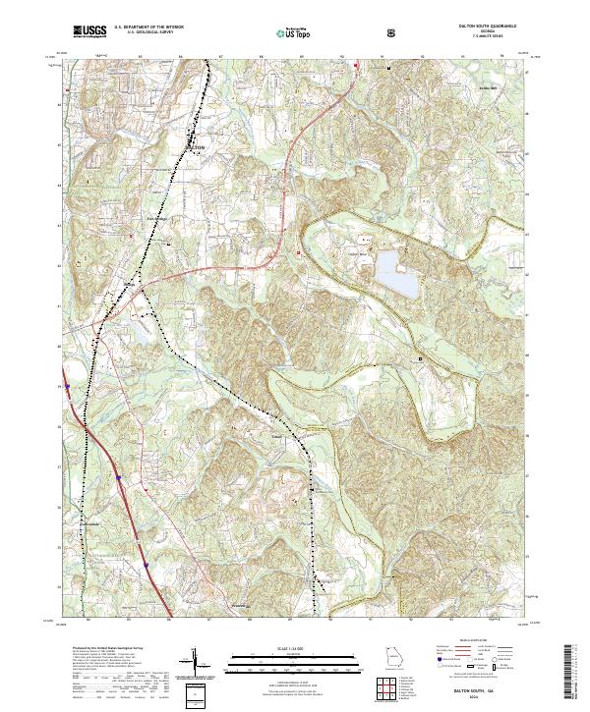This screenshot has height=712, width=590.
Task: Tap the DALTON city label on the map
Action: [x=196, y=146]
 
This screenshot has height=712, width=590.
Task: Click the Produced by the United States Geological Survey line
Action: [x=109, y=649]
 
